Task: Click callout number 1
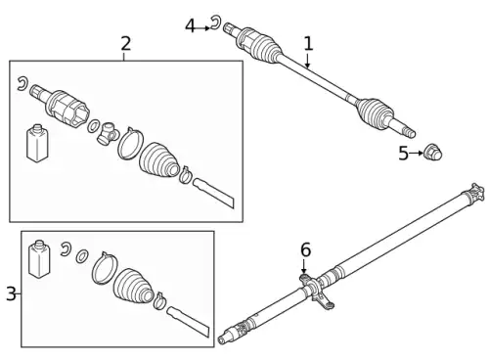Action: click(308, 44)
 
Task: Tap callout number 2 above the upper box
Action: click(126, 44)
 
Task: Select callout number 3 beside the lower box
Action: click(11, 293)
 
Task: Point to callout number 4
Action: click(190, 26)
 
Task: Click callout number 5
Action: click(404, 154)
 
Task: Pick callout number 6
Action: click(305, 249)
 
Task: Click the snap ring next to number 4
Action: click(215, 22)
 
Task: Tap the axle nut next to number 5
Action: click(432, 152)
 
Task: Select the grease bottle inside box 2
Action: click(37, 143)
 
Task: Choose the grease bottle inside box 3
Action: click(39, 259)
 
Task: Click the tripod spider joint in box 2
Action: click(107, 133)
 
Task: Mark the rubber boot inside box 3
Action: click(133, 288)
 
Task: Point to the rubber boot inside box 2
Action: click(158, 160)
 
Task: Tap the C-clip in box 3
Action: click(66, 249)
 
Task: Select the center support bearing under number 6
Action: click(316, 291)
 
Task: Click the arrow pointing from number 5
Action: click(416, 153)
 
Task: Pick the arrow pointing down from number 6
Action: click(304, 266)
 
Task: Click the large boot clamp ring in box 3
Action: click(105, 268)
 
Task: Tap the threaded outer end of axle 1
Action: click(408, 131)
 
